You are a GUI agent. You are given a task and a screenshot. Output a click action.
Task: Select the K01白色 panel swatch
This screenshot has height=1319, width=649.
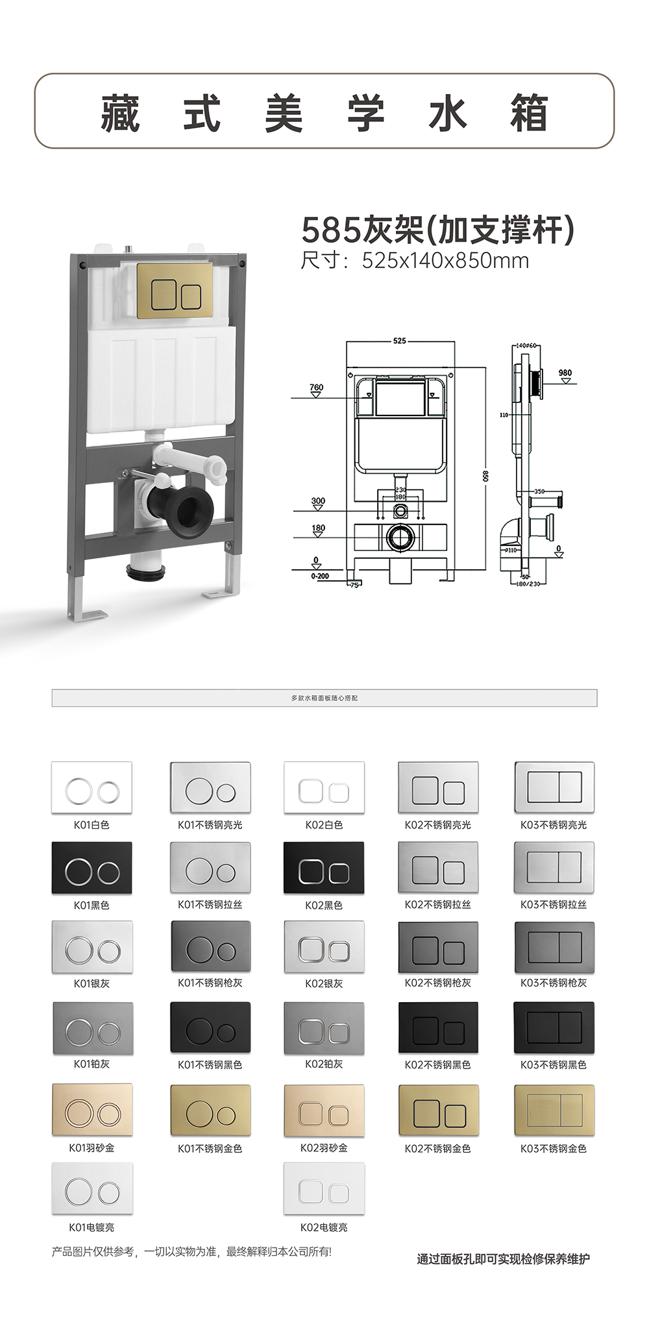[x=92, y=787]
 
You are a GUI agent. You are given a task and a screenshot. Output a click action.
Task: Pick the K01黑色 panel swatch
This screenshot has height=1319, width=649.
[x=92, y=867]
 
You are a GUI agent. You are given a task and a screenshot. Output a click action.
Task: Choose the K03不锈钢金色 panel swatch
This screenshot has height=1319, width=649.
[x=554, y=1109]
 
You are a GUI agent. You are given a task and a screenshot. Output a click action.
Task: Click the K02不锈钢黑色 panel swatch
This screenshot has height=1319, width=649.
[x=438, y=1028]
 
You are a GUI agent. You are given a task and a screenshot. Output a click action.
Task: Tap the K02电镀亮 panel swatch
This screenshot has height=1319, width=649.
[x=324, y=1189]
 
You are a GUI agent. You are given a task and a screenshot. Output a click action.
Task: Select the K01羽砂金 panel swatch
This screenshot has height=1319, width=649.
[x=92, y=1109]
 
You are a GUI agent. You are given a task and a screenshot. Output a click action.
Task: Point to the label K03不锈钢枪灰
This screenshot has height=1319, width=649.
[x=553, y=983]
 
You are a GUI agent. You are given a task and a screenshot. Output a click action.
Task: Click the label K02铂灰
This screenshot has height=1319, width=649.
[x=324, y=1064]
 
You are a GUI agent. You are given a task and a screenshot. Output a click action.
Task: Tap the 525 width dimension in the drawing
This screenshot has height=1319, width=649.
[x=399, y=341]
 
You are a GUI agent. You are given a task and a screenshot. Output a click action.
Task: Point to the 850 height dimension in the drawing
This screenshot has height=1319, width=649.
[x=485, y=475]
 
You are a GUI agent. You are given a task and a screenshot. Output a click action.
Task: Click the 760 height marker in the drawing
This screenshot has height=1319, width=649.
[x=316, y=388]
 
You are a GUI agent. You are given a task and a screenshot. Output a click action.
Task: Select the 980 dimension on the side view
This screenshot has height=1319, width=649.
[x=565, y=373]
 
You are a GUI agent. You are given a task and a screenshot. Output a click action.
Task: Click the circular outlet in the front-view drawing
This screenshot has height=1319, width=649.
[x=400, y=537]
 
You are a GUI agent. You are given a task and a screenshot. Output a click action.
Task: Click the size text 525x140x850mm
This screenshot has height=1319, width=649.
[x=445, y=261]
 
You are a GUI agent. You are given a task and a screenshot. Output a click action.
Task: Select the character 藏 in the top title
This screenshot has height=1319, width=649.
[x=121, y=113]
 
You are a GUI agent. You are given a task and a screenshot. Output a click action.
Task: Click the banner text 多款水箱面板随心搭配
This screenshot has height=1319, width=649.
[x=324, y=698]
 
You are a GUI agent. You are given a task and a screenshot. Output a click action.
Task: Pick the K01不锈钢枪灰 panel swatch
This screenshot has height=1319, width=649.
[x=210, y=947]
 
